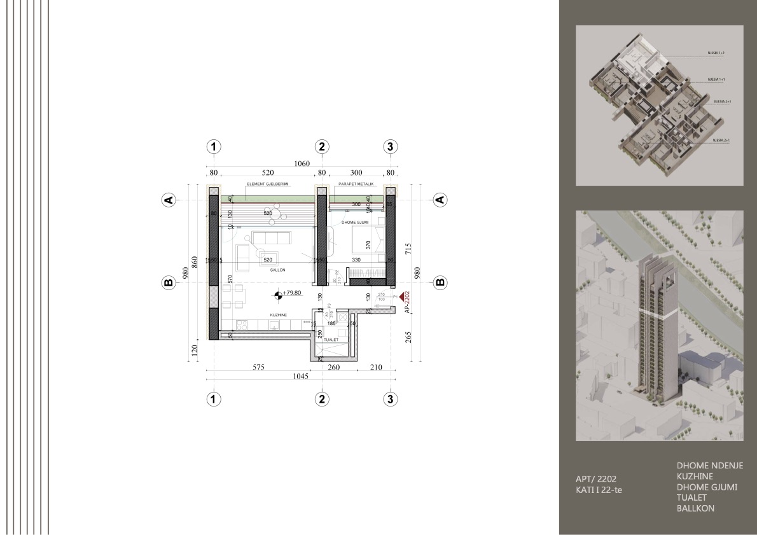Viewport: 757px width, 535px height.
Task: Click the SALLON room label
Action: point(277,270)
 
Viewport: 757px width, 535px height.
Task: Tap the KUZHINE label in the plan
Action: point(277,315)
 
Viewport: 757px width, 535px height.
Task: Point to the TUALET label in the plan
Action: point(331,340)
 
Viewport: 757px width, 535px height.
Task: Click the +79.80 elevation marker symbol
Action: point(277,294)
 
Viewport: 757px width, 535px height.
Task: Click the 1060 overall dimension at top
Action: point(302,163)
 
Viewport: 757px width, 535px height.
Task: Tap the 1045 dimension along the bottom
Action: point(300,377)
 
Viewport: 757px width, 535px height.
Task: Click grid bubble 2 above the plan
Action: point(322,146)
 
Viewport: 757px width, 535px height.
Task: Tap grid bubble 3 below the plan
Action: point(391,399)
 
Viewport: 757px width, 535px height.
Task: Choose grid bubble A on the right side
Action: point(439,200)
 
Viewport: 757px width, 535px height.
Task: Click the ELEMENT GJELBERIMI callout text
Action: point(268,184)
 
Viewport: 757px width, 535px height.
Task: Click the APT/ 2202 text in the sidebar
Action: point(596,479)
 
